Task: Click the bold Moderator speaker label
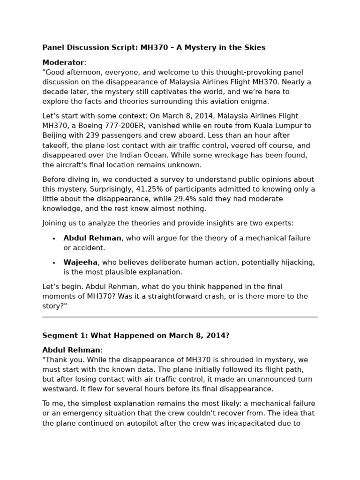click(63, 62)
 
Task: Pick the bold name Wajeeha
click(80, 262)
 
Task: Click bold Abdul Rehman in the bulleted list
click(92, 238)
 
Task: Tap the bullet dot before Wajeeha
click(54, 263)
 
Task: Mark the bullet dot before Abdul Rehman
click(54, 239)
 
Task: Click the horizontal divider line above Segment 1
click(180, 317)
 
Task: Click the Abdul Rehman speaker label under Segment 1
click(71, 350)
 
